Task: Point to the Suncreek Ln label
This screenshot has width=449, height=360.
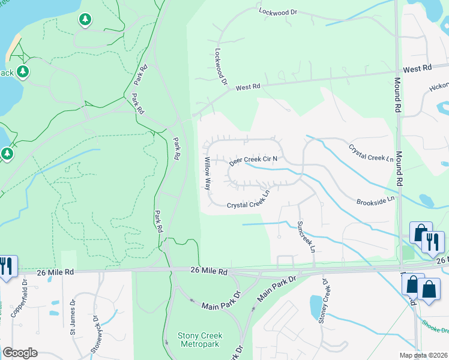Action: pyautogui.click(x=306, y=236)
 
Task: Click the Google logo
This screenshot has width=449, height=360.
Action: pyautogui.click(x=20, y=353)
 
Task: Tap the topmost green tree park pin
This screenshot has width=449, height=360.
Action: pyautogui.click(x=85, y=20)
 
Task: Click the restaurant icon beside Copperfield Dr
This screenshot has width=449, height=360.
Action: pyautogui.click(x=7, y=266)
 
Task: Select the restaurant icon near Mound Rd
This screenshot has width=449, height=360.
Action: pyautogui.click(x=432, y=241)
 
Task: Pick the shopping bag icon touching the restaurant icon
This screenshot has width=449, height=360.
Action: pyautogui.click(x=420, y=233)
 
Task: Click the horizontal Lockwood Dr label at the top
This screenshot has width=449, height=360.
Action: pyautogui.click(x=278, y=11)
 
